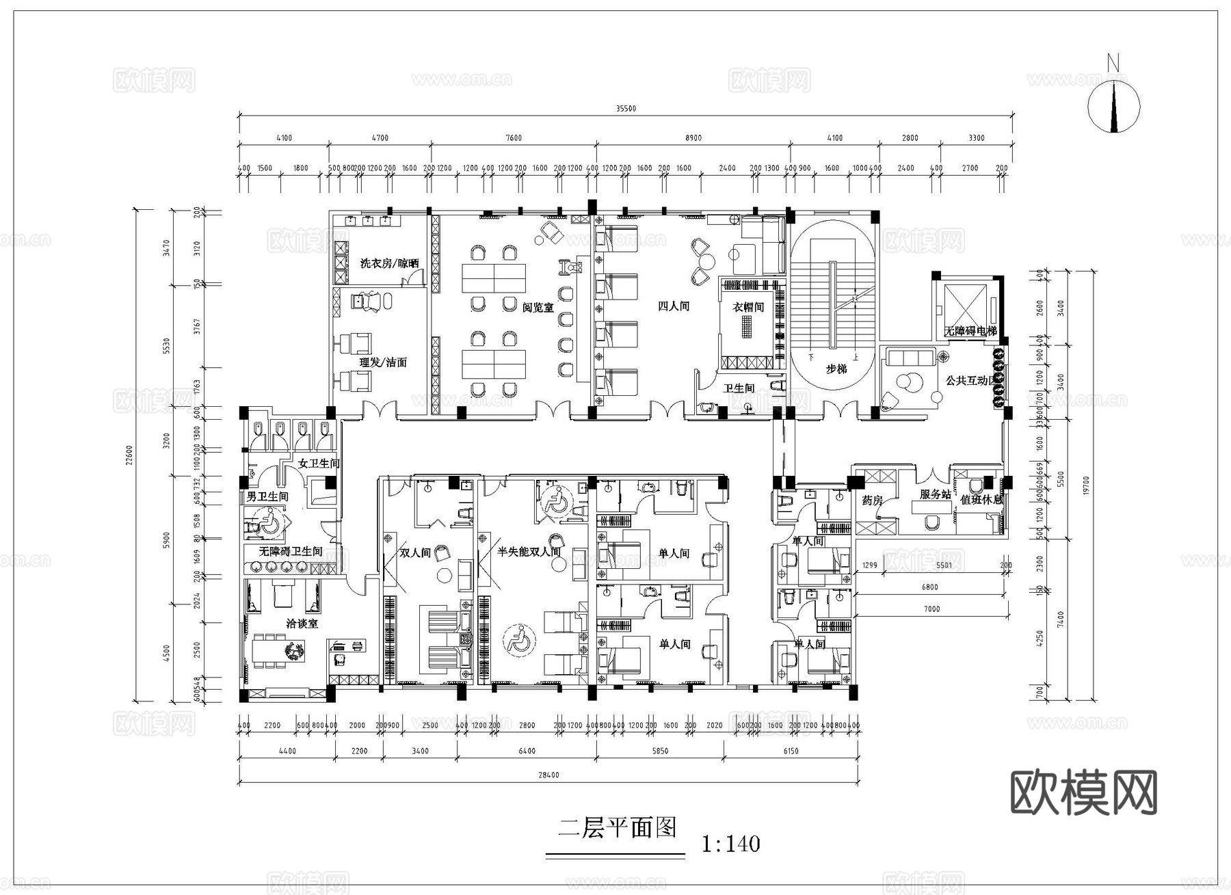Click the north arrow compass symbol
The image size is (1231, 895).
(1113, 106)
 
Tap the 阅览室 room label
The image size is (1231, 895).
(538, 308)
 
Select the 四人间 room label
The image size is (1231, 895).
(673, 306)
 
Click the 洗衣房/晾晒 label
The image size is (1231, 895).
(389, 263)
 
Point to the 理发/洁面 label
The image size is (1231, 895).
(383, 362)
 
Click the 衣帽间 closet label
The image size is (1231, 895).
(748, 308)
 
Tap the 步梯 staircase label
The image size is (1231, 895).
(836, 369)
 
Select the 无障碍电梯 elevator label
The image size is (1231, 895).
(970, 331)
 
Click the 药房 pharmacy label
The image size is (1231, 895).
(872, 501)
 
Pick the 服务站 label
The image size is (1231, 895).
(935, 494)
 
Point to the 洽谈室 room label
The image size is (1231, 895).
(302, 624)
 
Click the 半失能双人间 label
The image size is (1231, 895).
(529, 551)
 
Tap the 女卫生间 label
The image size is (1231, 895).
(319, 464)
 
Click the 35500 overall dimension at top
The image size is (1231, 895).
(625, 109)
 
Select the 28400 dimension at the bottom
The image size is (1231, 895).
(548, 775)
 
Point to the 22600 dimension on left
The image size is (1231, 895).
(129, 455)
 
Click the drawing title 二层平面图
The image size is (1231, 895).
(617, 828)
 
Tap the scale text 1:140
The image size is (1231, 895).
(730, 844)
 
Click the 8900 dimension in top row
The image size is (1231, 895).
(693, 138)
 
